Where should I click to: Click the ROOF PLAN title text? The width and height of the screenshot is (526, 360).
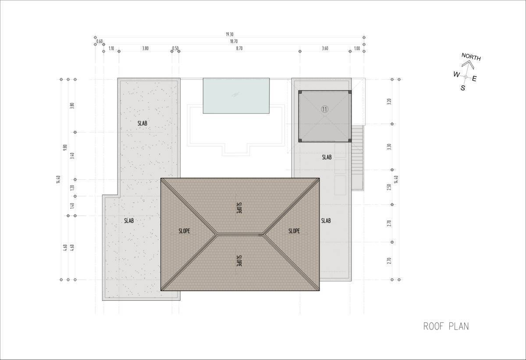446,326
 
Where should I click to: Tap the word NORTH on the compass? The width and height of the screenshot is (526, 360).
471,57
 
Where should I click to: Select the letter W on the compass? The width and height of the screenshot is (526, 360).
456,75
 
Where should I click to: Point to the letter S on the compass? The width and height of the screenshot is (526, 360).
462,88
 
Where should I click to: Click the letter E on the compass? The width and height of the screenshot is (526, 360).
474,78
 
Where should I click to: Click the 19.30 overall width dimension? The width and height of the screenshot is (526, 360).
229,35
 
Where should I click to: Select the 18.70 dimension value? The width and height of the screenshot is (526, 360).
234,42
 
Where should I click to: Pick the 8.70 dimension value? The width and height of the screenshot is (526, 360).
239,49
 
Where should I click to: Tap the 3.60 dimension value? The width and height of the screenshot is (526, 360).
325,49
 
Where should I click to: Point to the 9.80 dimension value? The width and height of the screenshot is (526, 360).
65,147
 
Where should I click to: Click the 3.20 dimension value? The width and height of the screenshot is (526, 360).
389,101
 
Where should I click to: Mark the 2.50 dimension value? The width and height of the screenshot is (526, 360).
389,187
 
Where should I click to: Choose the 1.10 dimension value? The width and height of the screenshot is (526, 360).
111,49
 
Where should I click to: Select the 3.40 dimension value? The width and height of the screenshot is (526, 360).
72,156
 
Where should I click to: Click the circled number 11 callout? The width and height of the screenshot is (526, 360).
325,109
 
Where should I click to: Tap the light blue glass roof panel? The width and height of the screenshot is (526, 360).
236,96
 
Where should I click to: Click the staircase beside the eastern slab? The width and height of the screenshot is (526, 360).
357,157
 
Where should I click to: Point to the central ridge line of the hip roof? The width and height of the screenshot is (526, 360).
240,234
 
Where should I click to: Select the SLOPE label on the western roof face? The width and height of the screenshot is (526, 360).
184,231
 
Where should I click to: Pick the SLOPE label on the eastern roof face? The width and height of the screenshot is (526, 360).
294,231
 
